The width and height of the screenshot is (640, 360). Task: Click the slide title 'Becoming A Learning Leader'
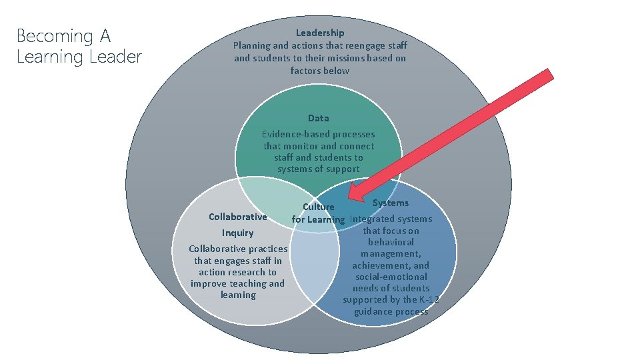(x=79, y=45)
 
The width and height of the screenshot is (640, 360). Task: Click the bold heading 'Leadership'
(x=320, y=33)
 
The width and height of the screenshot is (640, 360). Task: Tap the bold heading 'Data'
(x=318, y=118)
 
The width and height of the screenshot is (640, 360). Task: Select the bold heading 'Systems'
(x=391, y=203)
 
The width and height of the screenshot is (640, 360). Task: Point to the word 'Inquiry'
(x=238, y=233)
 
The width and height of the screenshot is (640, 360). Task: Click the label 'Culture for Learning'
(x=318, y=213)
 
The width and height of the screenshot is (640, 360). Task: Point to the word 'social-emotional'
(x=391, y=277)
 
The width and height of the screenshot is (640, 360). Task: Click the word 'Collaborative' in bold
(x=237, y=217)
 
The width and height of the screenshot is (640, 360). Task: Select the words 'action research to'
(x=237, y=272)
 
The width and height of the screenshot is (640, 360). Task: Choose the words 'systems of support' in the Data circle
(x=318, y=169)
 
